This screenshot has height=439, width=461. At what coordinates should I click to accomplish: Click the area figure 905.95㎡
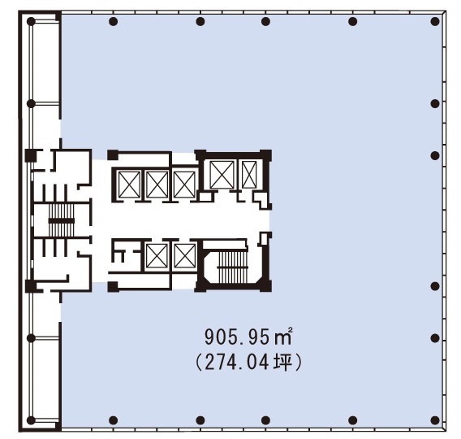tap(248, 337)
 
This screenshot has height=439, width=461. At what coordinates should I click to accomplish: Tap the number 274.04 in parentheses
tap(237, 363)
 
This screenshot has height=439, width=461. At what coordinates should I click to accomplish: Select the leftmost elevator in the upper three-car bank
tap(129, 185)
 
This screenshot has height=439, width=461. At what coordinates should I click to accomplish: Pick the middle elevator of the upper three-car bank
tap(157, 185)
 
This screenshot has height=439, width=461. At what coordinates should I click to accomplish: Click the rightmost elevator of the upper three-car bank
tap(184, 185)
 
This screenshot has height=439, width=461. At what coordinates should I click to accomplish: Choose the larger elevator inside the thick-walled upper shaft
tap(222, 175)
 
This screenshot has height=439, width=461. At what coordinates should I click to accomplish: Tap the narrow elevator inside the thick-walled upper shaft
tap(249, 175)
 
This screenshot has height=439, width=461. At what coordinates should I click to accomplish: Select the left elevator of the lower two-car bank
tap(157, 256)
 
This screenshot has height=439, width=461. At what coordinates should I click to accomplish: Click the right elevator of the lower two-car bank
tap(184, 256)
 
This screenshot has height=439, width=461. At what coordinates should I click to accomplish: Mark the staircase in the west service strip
tap(61, 220)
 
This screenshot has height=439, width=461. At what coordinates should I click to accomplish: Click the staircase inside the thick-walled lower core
tap(232, 267)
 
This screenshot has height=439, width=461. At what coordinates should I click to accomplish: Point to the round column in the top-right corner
tap(435, 21)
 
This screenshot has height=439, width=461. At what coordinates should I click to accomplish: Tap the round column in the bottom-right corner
tap(435, 420)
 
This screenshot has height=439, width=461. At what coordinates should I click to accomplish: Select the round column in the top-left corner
tap(31, 21)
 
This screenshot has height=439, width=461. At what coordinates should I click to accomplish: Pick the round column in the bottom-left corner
tap(31, 420)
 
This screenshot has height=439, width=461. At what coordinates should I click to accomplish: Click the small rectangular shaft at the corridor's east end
tap(264, 239)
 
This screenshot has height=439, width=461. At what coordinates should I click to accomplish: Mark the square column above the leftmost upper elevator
tap(113, 155)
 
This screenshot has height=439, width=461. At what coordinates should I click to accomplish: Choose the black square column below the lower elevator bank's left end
tap(113, 287)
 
